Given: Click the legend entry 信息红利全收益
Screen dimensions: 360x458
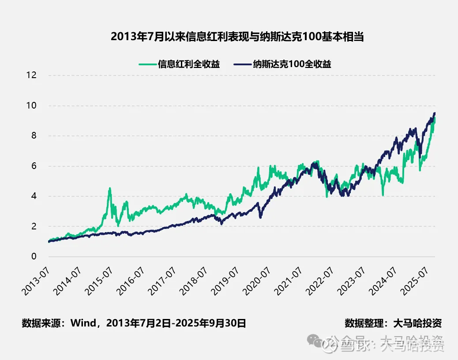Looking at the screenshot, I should coord(189,64).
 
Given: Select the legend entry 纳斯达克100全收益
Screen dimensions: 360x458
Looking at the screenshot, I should coord(292,64).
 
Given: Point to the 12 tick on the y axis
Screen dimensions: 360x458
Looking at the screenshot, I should coord(31,75).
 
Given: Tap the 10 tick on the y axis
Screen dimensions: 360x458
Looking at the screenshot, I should coord(31,106).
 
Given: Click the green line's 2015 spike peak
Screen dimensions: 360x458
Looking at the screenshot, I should coord(110,188).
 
